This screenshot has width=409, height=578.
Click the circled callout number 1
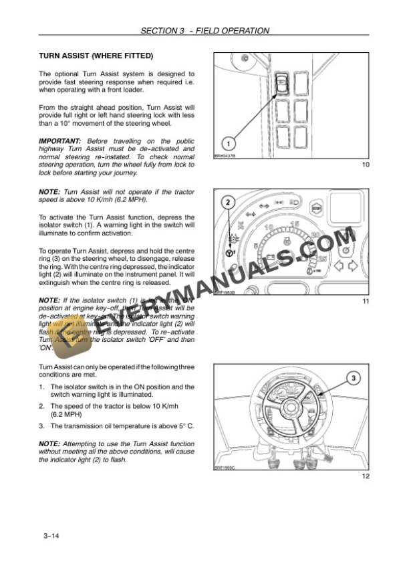[x=228, y=143]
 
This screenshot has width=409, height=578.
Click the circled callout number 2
[x=228, y=201]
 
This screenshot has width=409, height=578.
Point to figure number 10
[x=365, y=165]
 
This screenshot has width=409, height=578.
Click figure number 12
[x=365, y=476]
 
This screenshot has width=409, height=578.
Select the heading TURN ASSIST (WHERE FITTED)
[x=96, y=56]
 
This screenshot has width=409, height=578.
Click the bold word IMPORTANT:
[x=59, y=141]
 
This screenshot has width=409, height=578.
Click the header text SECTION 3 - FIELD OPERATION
[x=205, y=31]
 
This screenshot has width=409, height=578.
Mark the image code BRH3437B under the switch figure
[x=225, y=155]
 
